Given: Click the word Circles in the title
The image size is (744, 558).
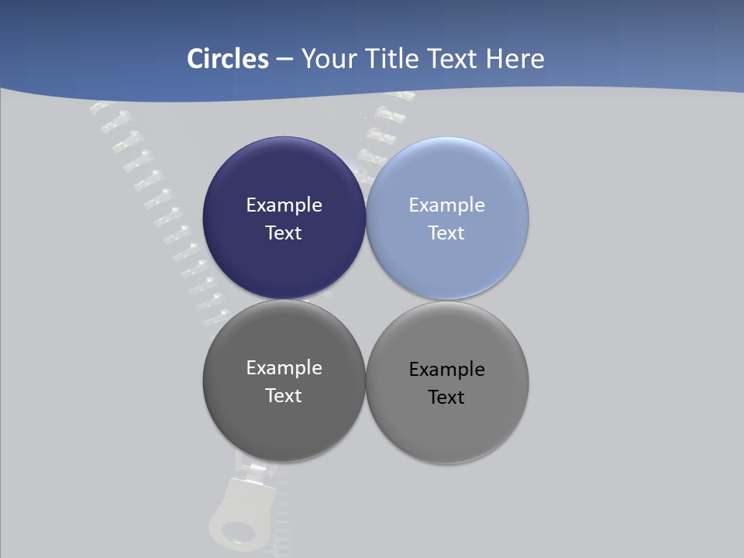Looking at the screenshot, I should (x=228, y=59).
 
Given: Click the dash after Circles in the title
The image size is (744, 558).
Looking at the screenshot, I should (x=284, y=60).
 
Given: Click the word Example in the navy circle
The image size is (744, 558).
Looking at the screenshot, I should (x=284, y=205).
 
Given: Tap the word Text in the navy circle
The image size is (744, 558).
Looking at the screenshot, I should (x=284, y=233).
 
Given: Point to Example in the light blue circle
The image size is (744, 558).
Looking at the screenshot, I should (x=447, y=205).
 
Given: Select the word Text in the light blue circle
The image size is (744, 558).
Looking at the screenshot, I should (x=447, y=233).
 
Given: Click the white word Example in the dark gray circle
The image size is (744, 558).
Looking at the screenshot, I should (x=284, y=368).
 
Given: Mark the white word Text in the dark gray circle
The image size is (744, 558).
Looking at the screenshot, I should (x=284, y=396).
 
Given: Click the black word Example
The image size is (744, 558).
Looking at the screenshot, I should (x=447, y=370).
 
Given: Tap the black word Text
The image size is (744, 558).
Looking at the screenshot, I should (x=447, y=398).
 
